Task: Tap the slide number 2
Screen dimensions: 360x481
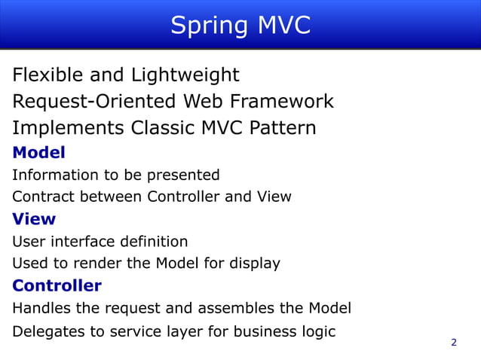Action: pos(454,343)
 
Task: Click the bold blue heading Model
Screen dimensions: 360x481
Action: pos(39,153)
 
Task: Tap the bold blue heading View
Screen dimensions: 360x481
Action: pos(34,219)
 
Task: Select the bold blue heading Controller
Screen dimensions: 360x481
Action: pos(57,286)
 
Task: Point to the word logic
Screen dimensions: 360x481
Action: pos(317,331)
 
